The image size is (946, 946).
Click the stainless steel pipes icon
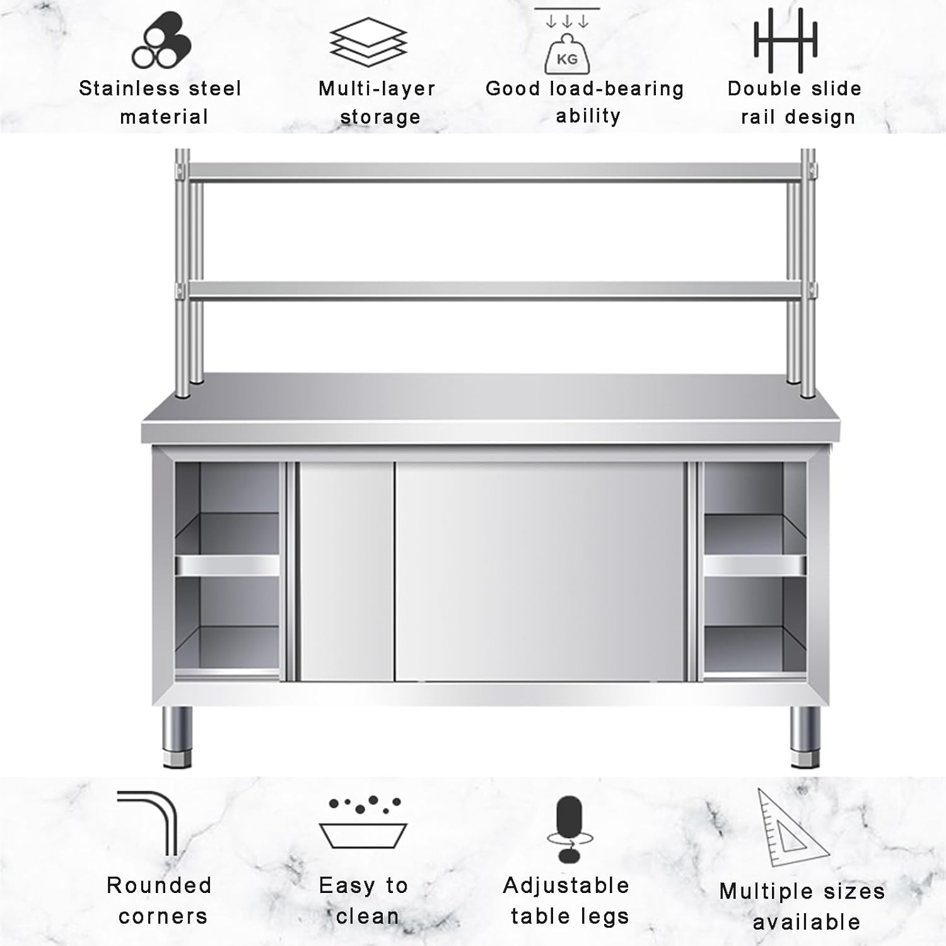161,42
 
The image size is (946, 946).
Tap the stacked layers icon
368,42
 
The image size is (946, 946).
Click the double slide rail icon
785,40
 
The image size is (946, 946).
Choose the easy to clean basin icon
363,823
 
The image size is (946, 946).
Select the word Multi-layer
377,88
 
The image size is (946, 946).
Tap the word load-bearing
617,89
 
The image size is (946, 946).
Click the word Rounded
159,885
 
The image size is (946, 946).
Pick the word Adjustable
566,885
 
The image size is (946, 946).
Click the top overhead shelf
495,171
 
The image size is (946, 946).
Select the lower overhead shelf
495,289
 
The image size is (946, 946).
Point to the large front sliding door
540,571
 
